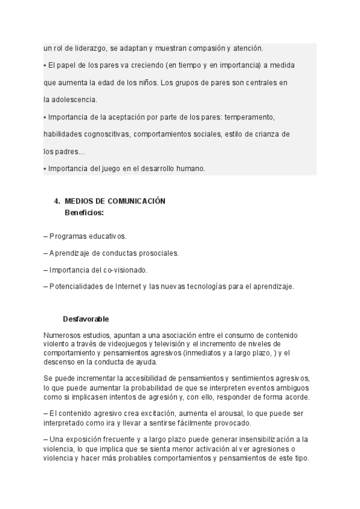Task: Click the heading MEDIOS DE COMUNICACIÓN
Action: [x=115, y=202]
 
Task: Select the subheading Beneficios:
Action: [x=84, y=212]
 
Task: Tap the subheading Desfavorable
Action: [x=86, y=319]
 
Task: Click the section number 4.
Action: [x=56, y=202]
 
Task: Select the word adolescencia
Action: [x=73, y=99]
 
